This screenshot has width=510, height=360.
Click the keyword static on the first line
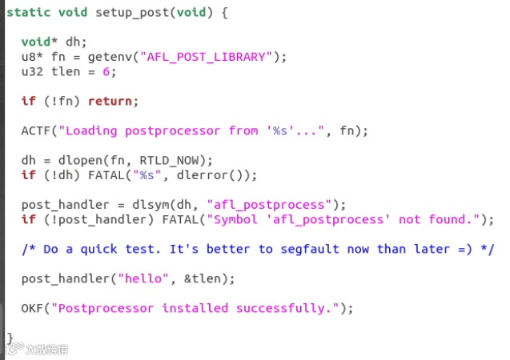click(27, 14)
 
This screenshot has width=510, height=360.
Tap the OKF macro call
click(32, 308)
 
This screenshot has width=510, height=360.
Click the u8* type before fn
click(32, 57)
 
